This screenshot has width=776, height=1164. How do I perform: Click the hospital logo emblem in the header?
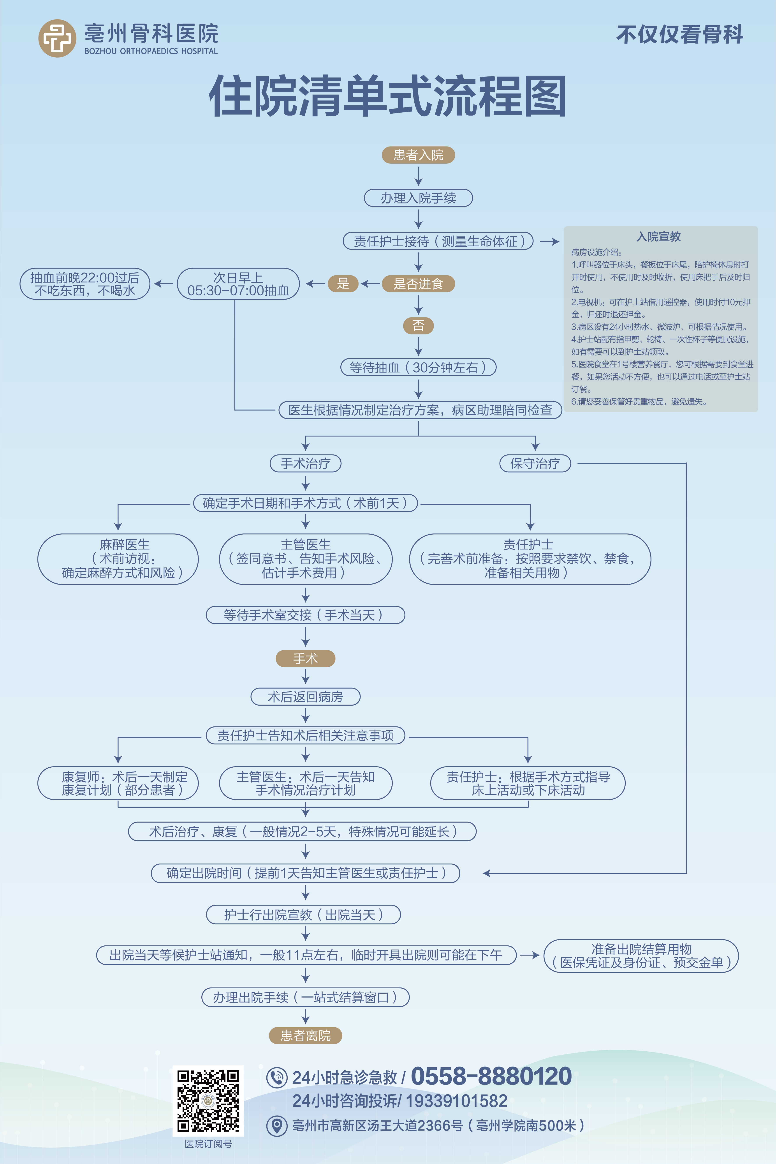[57, 38]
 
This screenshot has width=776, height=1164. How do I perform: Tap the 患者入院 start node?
[418, 155]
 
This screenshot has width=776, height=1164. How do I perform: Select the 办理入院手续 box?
[418, 198]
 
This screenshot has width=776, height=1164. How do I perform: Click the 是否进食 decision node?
[418, 284]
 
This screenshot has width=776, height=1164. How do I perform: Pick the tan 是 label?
[343, 284]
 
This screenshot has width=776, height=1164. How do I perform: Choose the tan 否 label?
[418, 325]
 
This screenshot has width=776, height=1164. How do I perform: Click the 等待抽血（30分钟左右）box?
[418, 367]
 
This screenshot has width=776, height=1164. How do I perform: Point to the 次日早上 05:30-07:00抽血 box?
[238, 284]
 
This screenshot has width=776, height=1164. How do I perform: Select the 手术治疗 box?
[305, 463]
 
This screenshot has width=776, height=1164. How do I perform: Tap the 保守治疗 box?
[535, 463]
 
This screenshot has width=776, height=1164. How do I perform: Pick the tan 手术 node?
[305, 659]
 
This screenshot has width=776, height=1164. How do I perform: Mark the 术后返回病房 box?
[305, 697]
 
